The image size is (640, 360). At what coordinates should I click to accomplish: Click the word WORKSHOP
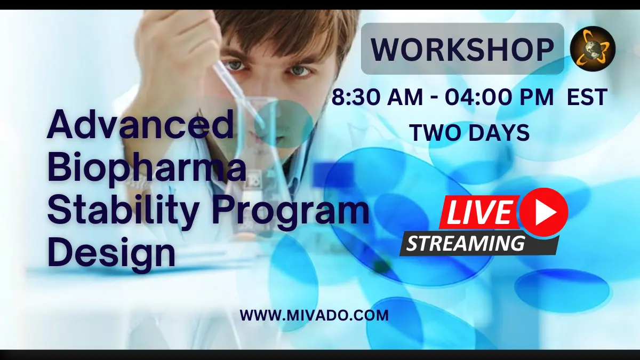(462, 49)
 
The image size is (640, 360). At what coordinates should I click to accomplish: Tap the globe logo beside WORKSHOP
(593, 49)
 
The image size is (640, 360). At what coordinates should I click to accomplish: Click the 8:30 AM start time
(377, 97)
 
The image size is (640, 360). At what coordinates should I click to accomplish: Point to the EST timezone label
(587, 97)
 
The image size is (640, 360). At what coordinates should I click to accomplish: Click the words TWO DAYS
(470, 133)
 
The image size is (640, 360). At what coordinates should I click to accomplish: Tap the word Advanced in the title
(141, 124)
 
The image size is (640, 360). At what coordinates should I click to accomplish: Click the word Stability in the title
(123, 212)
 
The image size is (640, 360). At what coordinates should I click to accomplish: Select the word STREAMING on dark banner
(466, 243)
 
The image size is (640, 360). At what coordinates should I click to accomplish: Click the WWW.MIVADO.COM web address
(314, 315)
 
